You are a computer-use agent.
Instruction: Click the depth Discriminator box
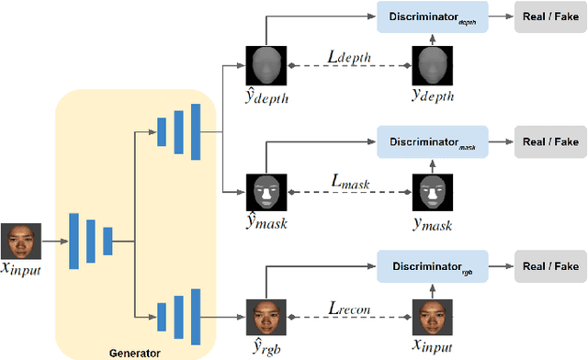click(x=432, y=17)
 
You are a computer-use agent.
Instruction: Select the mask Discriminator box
click(x=432, y=142)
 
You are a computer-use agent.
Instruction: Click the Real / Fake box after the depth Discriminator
click(x=550, y=17)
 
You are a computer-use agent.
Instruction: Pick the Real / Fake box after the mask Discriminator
click(x=550, y=142)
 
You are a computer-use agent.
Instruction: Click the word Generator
click(x=135, y=352)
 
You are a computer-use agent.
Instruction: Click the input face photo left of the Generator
click(x=18, y=242)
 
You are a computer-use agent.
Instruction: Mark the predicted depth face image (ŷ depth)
click(x=265, y=64)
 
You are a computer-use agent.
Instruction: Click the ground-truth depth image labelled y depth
click(x=430, y=64)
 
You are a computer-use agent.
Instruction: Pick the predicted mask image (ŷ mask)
click(x=265, y=191)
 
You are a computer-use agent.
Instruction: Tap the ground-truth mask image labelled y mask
click(x=430, y=191)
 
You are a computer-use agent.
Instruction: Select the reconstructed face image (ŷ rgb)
click(x=265, y=314)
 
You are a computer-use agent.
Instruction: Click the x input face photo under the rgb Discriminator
click(x=430, y=314)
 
